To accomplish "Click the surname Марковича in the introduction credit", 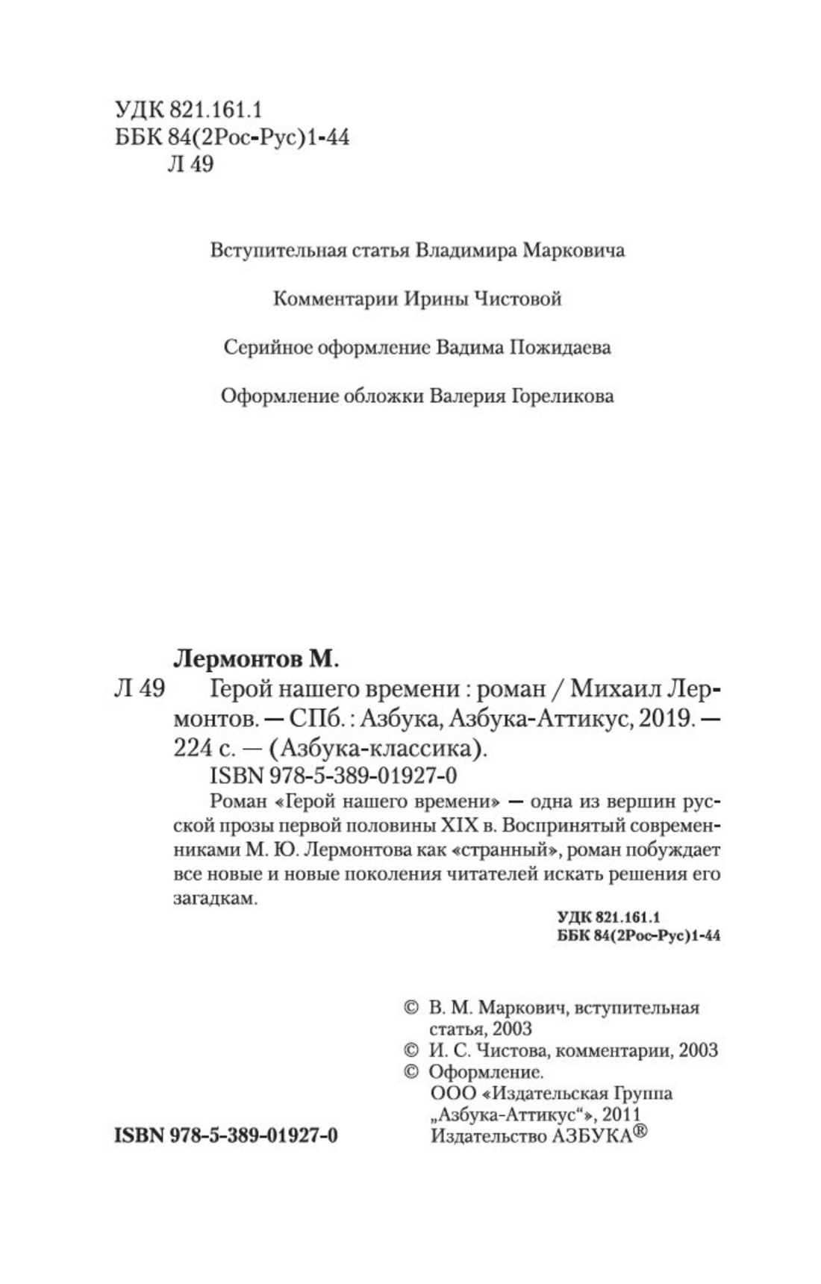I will pyautogui.click(x=573, y=250).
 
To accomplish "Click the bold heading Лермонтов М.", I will pyautogui.click(x=256, y=659).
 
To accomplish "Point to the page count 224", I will pyautogui.click(x=193, y=748).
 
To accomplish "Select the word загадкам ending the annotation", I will pyautogui.click(x=215, y=899).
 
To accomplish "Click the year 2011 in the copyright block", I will pyautogui.click(x=621, y=1115).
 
